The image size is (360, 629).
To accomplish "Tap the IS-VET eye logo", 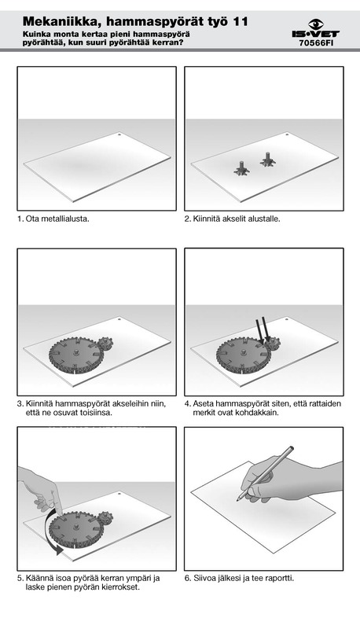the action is pyautogui.click(x=316, y=24).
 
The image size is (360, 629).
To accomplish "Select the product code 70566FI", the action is pyautogui.click(x=316, y=43).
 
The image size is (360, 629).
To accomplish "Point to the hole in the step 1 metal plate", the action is pyautogui.click(x=119, y=134).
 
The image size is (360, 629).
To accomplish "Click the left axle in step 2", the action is pyautogui.click(x=242, y=167).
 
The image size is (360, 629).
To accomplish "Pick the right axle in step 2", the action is pyautogui.click(x=267, y=159).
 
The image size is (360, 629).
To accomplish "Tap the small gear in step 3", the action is pyautogui.click(x=105, y=344).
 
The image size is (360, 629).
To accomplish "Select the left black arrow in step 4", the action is pyautogui.click(x=259, y=331).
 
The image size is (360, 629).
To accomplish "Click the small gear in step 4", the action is pyautogui.click(x=273, y=344).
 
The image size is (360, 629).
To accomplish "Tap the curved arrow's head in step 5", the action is pyautogui.click(x=59, y=549).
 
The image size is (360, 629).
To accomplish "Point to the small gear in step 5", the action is pyautogui.click(x=105, y=518).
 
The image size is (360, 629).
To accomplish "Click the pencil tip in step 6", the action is pyautogui.click(x=237, y=499).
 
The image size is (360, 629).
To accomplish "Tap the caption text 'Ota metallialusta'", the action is pyautogui.click(x=57, y=219).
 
